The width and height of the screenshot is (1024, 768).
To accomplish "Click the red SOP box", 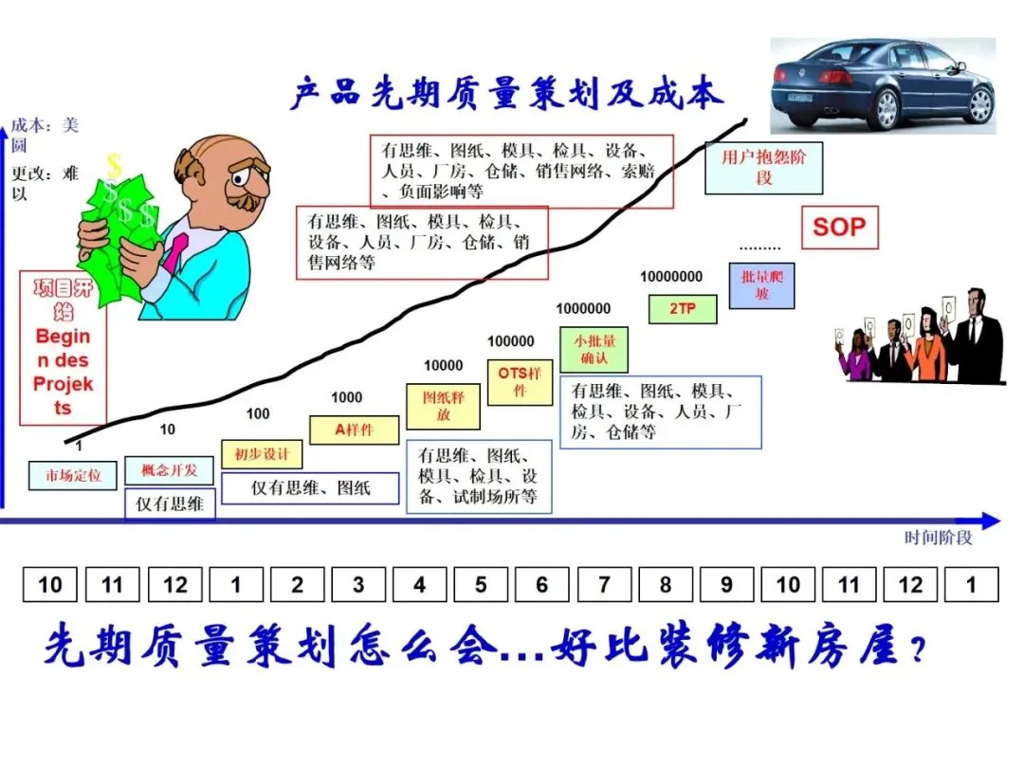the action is pyautogui.click(x=839, y=228).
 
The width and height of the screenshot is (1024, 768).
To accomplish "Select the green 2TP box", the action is pyautogui.click(x=683, y=308).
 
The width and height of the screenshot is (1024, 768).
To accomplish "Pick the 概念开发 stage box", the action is pyautogui.click(x=170, y=470).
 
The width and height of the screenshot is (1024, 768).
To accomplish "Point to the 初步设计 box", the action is pyautogui.click(x=262, y=454).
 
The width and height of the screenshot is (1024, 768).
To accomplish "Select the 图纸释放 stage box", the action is pyautogui.click(x=444, y=407).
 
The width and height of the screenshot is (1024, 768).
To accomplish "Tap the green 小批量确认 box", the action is pyautogui.click(x=594, y=350).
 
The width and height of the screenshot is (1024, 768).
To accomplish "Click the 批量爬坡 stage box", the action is pyautogui.click(x=762, y=285).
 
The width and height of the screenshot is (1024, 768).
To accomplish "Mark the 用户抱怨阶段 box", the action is pyautogui.click(x=764, y=168).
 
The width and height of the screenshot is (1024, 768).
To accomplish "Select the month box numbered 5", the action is pyautogui.click(x=481, y=585).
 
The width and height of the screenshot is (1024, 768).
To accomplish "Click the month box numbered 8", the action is pyautogui.click(x=665, y=585).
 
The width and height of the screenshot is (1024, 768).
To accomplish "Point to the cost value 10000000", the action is pyautogui.click(x=671, y=277).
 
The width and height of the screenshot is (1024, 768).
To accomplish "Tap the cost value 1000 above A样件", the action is pyautogui.click(x=346, y=397).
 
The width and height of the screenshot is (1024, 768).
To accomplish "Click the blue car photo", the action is pyautogui.click(x=883, y=85).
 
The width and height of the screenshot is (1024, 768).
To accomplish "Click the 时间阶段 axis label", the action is pyautogui.click(x=938, y=538).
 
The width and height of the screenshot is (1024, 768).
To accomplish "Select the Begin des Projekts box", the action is pyautogui.click(x=64, y=348).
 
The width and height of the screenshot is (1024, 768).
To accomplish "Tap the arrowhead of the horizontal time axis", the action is pyautogui.click(x=990, y=521).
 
